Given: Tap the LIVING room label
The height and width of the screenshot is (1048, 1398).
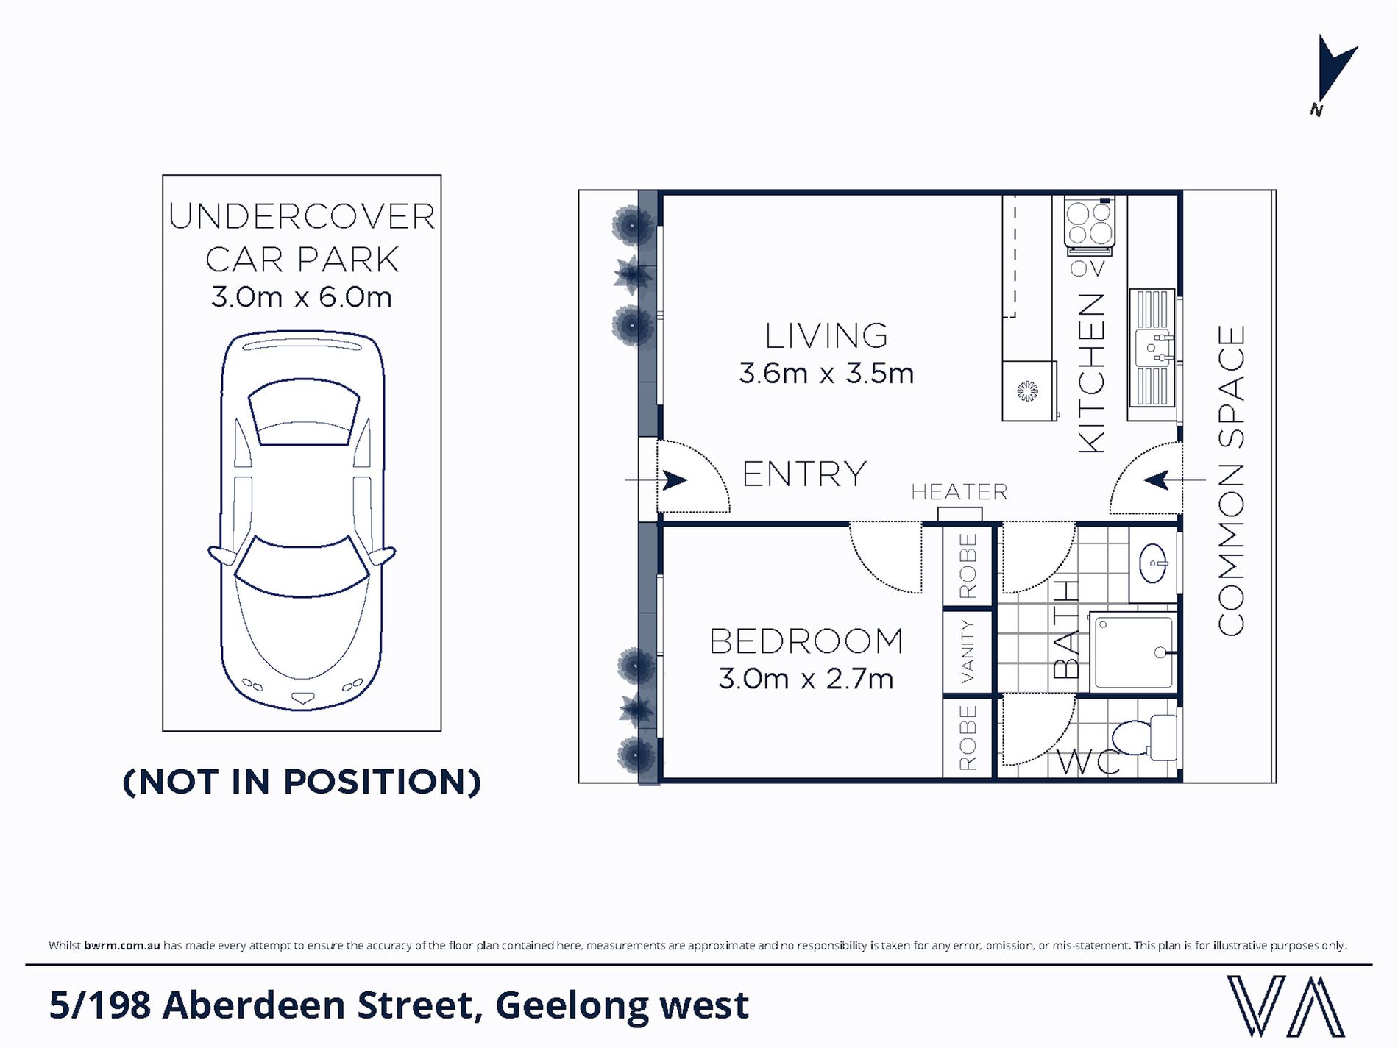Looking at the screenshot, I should click(x=826, y=336).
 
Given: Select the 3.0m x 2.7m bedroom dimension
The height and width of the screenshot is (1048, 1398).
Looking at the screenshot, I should click(x=806, y=678).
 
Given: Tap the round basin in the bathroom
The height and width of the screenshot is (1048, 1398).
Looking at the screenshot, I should click(x=1153, y=565).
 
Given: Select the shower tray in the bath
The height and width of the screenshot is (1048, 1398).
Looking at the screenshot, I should click(x=1133, y=652).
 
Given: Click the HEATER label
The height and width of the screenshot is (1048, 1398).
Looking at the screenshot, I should click(x=959, y=492).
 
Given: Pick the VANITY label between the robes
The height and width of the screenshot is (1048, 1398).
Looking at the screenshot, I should click(x=968, y=651).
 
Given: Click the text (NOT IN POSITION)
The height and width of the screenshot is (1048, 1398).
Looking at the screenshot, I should click(x=302, y=781).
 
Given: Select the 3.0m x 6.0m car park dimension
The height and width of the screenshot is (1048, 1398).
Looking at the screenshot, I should click(x=302, y=297).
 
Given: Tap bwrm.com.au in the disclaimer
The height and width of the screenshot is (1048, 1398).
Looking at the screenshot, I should click(x=121, y=946).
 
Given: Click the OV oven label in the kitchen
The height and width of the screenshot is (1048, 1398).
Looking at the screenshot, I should click(x=1087, y=269).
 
